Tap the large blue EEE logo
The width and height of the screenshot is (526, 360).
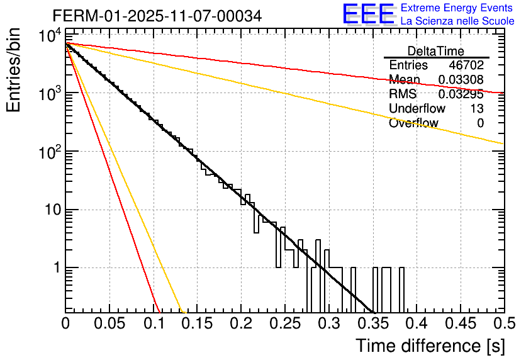pyautogui.click(x=368, y=14)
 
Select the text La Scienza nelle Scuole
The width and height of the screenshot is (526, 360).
pyautogui.click(x=457, y=21)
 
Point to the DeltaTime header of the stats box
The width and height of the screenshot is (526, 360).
pyautogui.click(x=435, y=51)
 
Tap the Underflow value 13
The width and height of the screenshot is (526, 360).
pyautogui.click(x=476, y=109)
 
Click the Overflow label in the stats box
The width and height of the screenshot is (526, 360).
pyautogui.click(x=413, y=123)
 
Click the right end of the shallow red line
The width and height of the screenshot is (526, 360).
pyautogui.click(x=502, y=93)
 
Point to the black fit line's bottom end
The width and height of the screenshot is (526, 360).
pyautogui.click(x=374, y=312)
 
